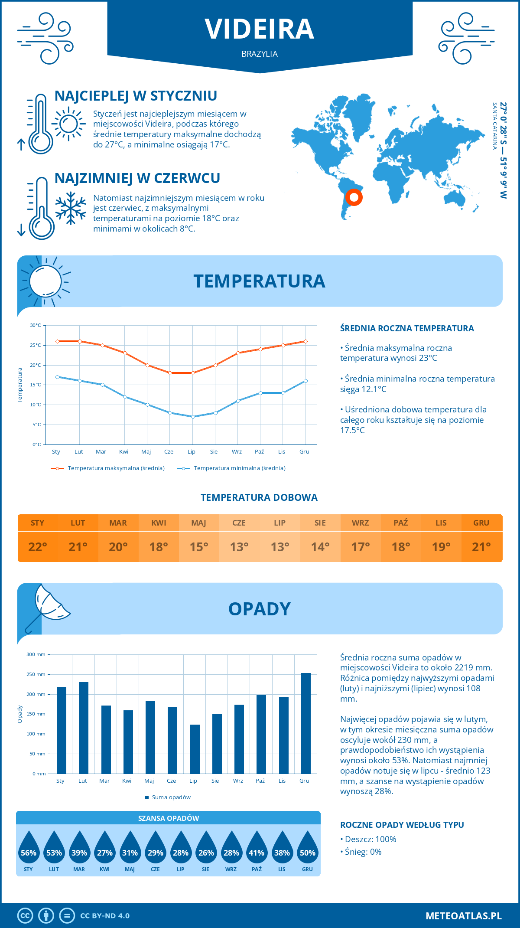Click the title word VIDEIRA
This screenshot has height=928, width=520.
pos(259,29)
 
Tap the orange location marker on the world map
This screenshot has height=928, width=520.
pos(354,197)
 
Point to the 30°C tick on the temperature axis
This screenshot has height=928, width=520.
pos(36,325)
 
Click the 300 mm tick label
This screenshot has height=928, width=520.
pos(36,654)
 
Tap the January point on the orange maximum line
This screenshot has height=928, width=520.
pos(57,341)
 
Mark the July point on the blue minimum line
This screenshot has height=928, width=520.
pos(193,417)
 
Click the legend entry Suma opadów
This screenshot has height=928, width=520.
pos(171,797)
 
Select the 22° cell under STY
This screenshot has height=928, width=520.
pos(38,547)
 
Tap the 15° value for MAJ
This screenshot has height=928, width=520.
pos(199,547)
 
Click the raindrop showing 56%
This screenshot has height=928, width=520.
pos(29,849)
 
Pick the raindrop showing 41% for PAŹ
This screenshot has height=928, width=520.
pos(257,849)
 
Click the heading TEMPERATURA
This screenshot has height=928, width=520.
pos(259,281)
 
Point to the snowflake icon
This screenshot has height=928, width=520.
pos(71,208)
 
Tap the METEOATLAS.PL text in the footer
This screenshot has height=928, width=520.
pos(464,916)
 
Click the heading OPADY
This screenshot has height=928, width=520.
pos(259,609)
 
